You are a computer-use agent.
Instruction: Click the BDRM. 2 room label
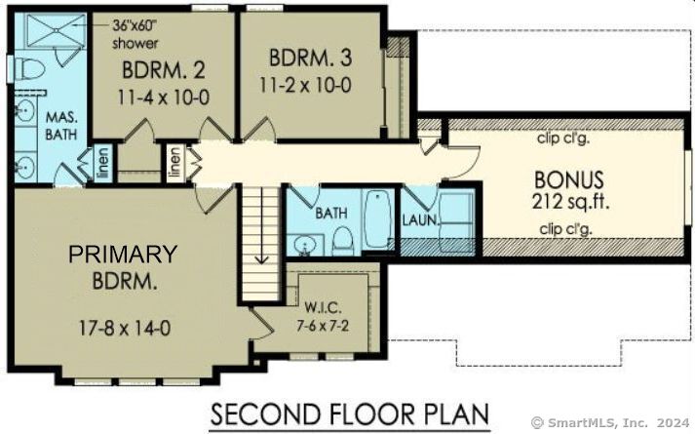[x=163, y=71]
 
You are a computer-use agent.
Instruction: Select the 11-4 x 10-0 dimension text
[x=163, y=98]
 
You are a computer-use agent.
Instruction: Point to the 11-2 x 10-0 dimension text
[x=305, y=85]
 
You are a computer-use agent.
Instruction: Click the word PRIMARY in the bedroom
[x=122, y=256]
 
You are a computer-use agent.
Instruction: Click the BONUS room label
[x=568, y=180]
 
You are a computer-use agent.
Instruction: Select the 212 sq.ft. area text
[x=568, y=202]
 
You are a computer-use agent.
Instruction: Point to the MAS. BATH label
[x=63, y=126]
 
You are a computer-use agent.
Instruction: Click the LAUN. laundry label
[x=419, y=219]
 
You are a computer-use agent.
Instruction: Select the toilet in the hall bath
[x=342, y=239]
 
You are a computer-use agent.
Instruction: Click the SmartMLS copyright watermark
[x=610, y=422]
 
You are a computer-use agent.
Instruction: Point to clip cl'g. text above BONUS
[x=567, y=138]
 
